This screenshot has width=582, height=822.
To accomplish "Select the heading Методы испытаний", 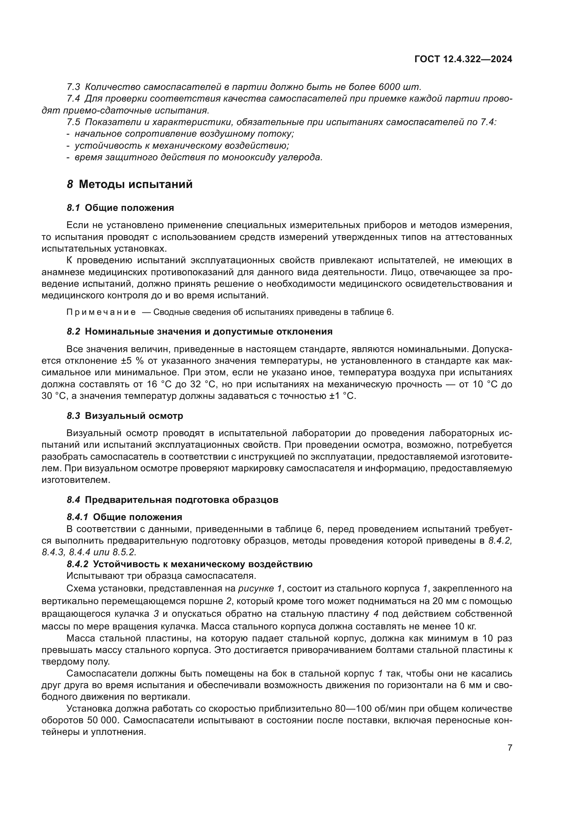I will click(x=135, y=185).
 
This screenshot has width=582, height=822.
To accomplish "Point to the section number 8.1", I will click(x=74, y=208).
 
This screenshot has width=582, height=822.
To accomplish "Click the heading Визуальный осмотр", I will click(x=134, y=416).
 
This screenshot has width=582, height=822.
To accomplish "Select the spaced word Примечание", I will click(x=101, y=312).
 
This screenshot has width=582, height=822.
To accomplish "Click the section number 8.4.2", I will click(x=77, y=564).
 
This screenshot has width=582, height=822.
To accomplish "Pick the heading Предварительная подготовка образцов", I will click(x=181, y=500).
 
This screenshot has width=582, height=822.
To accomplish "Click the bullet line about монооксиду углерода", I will click(x=198, y=157).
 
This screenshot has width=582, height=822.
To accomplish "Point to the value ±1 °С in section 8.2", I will click(x=342, y=396).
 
